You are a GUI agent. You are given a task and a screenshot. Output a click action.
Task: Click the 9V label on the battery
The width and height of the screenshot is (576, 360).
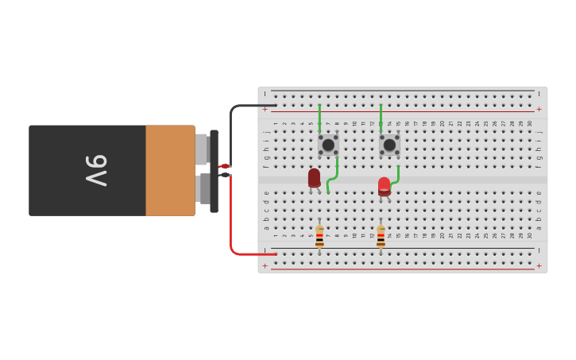[96, 170]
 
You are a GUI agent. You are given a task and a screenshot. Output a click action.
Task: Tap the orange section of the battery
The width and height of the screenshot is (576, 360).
[170, 170]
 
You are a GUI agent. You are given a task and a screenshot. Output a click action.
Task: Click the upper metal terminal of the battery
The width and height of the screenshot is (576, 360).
[202, 149]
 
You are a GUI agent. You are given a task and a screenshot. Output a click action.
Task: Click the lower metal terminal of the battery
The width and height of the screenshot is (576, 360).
[202, 189]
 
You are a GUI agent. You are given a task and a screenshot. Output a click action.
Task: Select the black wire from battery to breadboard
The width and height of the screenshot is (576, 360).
[231, 127]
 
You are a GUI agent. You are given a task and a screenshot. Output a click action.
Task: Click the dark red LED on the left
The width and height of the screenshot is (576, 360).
[315, 178]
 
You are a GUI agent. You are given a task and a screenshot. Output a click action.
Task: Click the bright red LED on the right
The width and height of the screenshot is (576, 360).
[385, 186]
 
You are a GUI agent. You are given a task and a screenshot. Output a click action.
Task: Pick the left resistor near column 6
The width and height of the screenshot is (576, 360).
[319, 236]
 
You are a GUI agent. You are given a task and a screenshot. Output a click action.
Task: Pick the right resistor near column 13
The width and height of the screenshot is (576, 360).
[381, 236]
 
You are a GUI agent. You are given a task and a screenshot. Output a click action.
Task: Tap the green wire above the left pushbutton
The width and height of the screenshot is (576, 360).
[319, 118]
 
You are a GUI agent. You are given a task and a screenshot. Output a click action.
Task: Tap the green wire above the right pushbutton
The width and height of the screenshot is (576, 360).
[381, 118]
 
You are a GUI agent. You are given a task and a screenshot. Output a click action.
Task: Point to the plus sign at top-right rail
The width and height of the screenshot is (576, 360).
[539, 109]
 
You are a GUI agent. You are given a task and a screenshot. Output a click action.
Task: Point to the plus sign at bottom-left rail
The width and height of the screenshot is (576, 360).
[265, 265]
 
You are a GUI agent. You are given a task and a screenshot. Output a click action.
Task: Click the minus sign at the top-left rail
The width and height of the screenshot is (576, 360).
[265, 94]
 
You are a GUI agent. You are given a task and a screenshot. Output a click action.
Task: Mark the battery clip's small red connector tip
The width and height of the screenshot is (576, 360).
[224, 166]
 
